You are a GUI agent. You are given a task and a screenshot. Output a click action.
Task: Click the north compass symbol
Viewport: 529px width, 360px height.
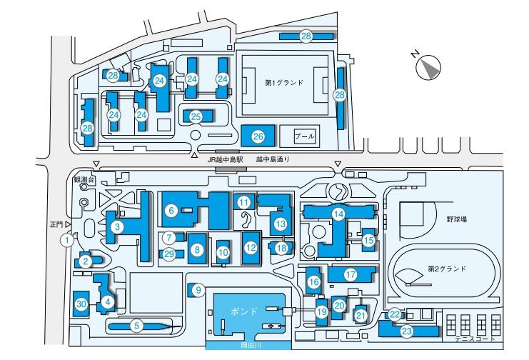click(428, 67)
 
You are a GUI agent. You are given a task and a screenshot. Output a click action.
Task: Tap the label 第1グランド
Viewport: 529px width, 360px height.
click(283, 82)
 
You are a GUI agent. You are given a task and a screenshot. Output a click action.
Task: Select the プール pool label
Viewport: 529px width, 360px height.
click(305, 136)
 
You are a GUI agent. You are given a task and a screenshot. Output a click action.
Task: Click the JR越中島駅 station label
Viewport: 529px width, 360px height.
click(225, 159)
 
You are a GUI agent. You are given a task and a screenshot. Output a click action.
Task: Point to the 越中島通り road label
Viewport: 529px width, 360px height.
click(273, 159)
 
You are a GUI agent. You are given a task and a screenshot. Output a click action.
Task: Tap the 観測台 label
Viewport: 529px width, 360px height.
click(84, 180)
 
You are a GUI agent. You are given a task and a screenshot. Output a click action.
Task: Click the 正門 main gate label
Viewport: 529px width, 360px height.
click(56, 224)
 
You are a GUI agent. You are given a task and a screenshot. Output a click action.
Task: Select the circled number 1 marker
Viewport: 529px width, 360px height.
click(67, 241)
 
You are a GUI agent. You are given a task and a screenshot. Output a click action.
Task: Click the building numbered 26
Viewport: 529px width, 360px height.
click(258, 136)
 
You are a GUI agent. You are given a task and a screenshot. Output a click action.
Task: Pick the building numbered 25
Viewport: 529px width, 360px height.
click(197, 116)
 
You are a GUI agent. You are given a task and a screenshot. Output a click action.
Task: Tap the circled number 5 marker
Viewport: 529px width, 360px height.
click(136, 326)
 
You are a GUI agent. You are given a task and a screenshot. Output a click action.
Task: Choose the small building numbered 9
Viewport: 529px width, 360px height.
click(195, 290)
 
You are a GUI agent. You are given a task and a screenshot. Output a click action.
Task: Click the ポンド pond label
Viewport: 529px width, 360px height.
click(244, 311)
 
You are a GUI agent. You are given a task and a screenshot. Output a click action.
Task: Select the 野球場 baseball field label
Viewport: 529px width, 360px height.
click(457, 219)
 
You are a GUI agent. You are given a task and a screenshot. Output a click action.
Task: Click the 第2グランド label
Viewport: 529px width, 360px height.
click(447, 269)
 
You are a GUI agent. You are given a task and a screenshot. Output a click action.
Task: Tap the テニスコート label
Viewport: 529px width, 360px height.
click(475, 339)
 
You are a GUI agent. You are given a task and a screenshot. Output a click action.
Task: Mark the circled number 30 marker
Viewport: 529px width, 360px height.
click(81, 304)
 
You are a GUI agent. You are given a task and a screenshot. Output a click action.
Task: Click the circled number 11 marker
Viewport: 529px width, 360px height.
click(244, 203)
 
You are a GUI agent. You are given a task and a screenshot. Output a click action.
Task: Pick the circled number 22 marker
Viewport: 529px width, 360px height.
click(394, 315)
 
